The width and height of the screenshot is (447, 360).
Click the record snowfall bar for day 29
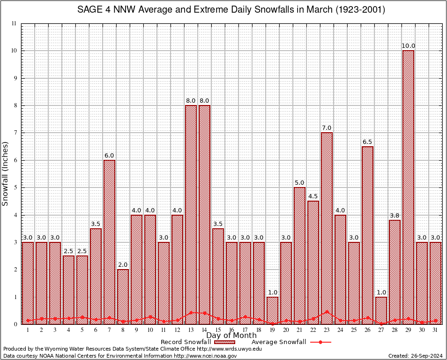pos(408,187)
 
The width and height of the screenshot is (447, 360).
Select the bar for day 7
pos(109,242)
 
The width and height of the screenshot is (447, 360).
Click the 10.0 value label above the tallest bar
pos(408,46)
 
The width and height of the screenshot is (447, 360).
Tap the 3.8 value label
pos(395,216)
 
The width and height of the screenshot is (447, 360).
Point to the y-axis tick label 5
pos(15,187)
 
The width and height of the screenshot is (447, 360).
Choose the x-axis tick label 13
pos(191,330)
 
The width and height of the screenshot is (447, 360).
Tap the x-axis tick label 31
pos(435,330)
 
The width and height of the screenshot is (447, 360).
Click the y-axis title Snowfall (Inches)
pos(6,174)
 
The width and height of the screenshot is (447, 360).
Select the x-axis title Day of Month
pos(231,336)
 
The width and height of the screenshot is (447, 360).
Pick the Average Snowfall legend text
pos(278,342)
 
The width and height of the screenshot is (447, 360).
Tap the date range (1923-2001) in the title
pos(358,9)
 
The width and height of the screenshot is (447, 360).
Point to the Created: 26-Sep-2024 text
pos(416,356)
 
